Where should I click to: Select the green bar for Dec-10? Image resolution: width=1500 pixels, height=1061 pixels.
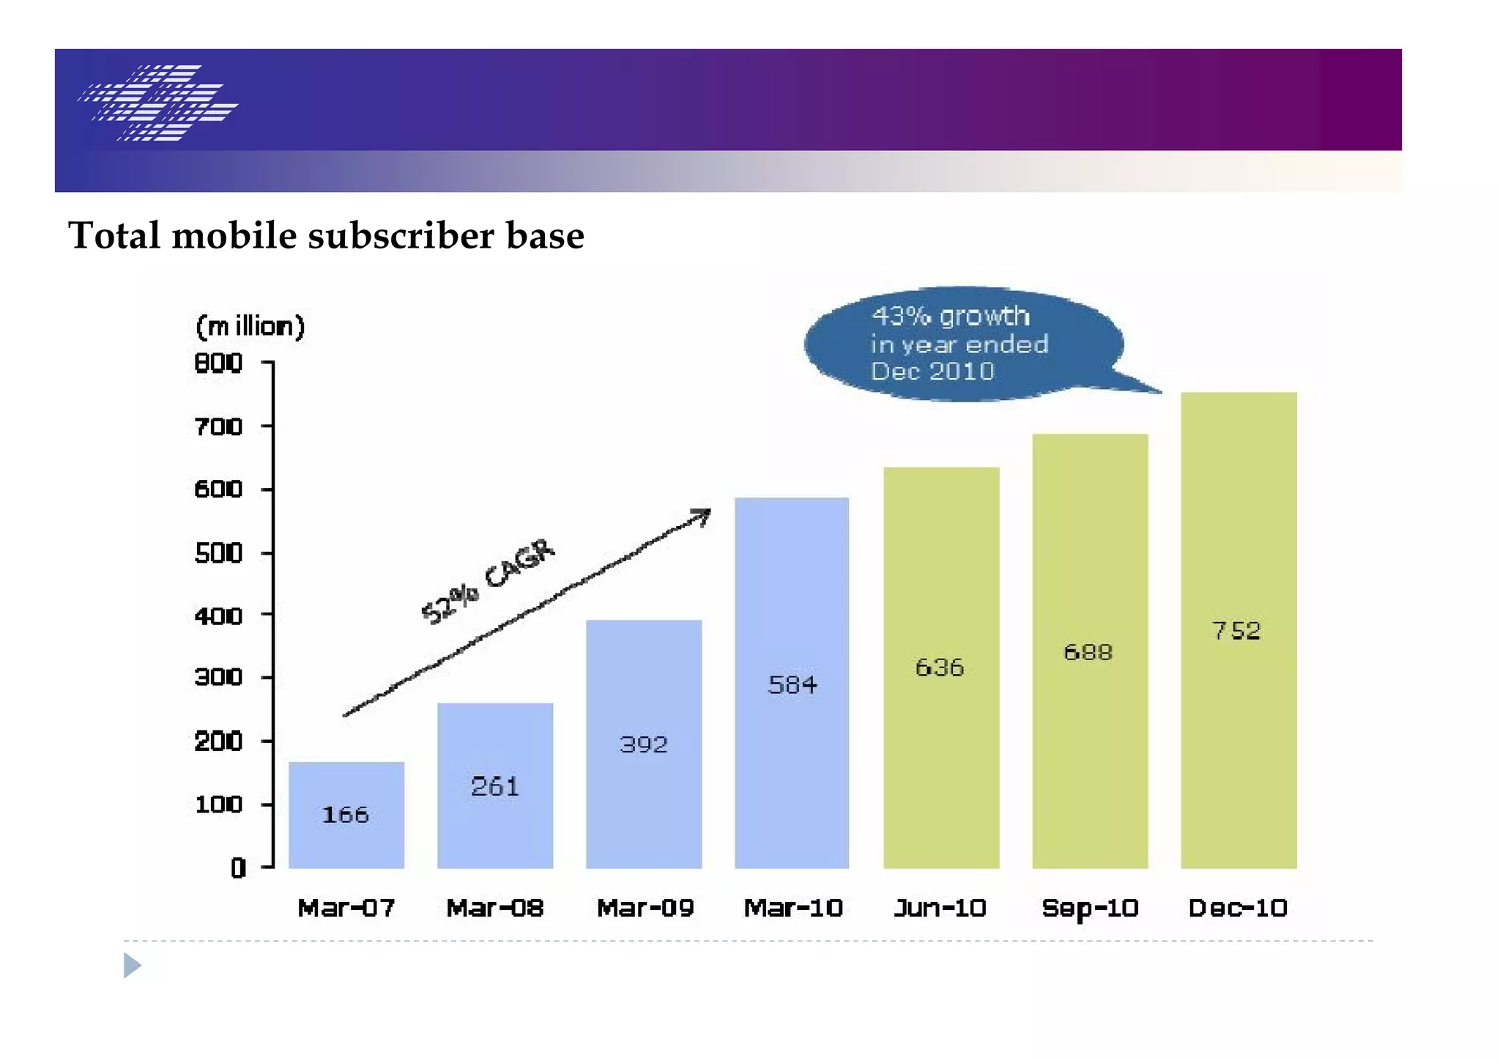coord(1238,733)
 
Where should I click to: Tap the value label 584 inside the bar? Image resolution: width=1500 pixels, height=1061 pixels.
coord(792,685)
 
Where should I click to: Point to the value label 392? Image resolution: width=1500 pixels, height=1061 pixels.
coord(644,744)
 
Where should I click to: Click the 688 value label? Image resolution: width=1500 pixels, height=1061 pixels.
coord(1088,652)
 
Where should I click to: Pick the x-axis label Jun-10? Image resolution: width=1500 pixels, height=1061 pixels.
coord(940,909)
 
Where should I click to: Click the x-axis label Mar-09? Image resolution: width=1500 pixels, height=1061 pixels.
coord(645,909)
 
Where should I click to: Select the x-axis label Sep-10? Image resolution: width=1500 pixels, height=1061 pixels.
coord(1089,909)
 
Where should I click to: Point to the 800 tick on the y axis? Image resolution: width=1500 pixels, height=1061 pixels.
coord(218,363)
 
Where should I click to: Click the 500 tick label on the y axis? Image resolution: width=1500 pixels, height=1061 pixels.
coord(218,552)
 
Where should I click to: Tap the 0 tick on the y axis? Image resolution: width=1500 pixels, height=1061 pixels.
coord(238,868)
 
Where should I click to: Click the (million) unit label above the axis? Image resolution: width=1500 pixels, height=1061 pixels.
coord(250,326)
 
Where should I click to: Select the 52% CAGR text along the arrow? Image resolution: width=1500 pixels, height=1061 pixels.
coord(489,581)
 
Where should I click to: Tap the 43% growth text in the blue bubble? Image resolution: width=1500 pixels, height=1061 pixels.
coord(950,316)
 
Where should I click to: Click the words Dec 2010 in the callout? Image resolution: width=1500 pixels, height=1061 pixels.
coord(932,371)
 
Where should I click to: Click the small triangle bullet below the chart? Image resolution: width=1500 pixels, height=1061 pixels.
coord(131,965)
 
